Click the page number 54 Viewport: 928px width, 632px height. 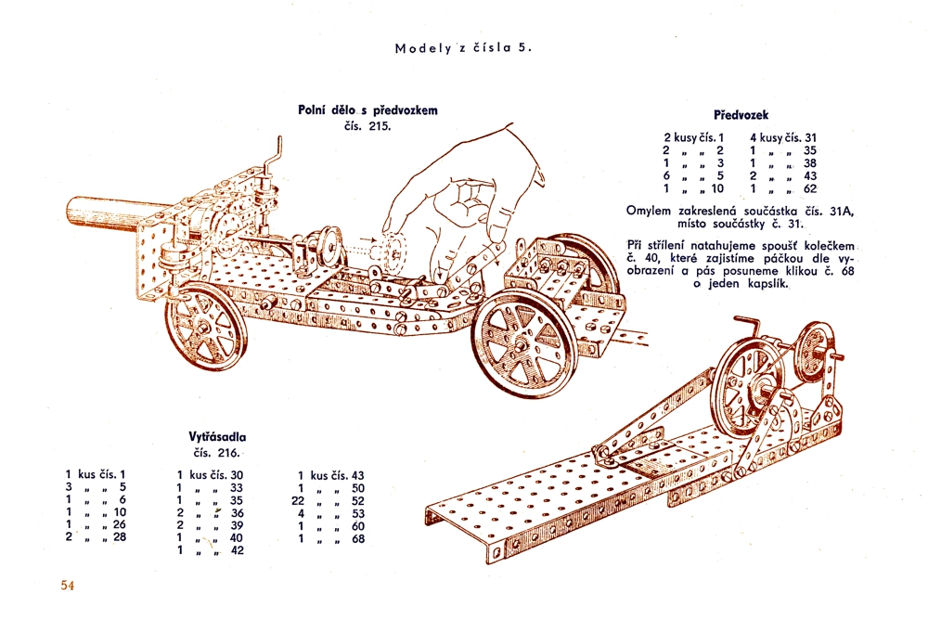coord(67,585)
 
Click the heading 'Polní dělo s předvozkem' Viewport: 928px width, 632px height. coord(367,110)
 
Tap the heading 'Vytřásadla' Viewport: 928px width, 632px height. coord(217,436)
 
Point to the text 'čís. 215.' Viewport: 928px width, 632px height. coord(367,125)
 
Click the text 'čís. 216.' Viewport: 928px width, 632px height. coord(216,453)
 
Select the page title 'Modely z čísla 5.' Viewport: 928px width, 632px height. coord(463,48)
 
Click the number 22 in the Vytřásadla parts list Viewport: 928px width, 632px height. coord(299,501)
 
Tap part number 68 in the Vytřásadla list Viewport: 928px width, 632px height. coord(358,538)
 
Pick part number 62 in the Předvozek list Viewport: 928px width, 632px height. coord(810,188)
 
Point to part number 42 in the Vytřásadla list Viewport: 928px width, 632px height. coord(236,550)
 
